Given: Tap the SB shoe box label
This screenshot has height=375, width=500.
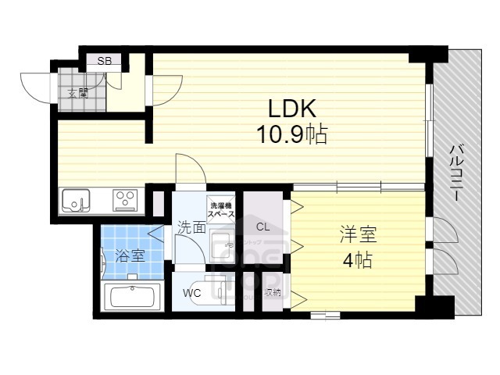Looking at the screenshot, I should click(103, 60).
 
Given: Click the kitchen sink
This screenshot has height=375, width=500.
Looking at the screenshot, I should click(77, 201).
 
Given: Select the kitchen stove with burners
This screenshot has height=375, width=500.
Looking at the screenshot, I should click(125, 200).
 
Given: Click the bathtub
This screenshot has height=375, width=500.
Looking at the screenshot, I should click(132, 297).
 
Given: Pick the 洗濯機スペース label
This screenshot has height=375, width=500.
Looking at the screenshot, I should click(221, 209).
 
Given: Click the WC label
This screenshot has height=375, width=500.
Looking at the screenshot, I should click(192, 293).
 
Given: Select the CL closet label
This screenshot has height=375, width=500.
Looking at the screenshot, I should click(262, 227).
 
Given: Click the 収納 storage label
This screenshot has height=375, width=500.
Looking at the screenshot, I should click(273, 293).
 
